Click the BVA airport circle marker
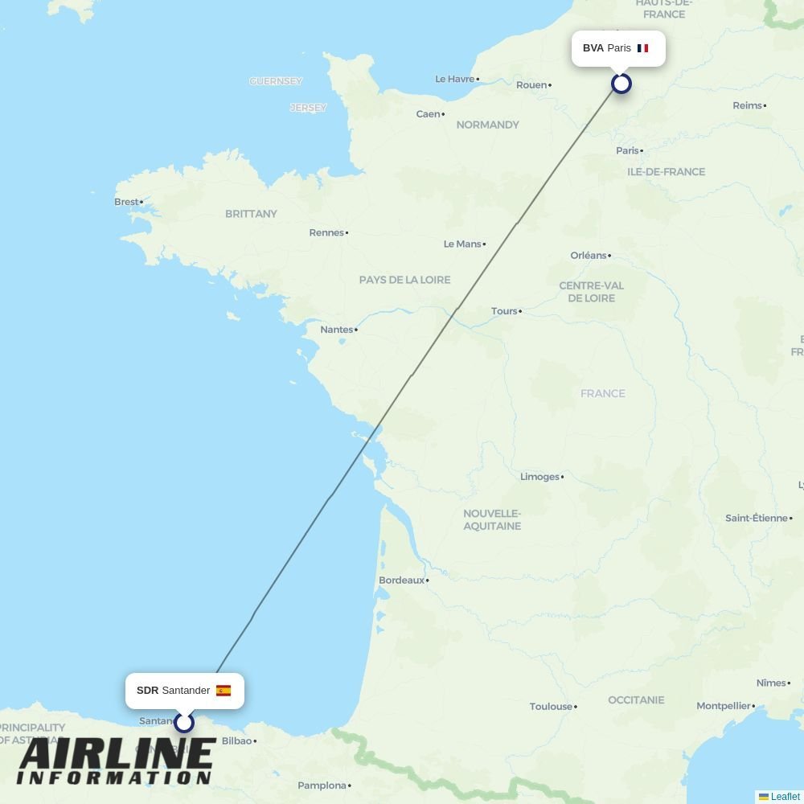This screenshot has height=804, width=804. [x=621, y=83]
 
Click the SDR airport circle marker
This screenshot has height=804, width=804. [x=184, y=722]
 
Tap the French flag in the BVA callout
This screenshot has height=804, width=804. [x=642, y=48]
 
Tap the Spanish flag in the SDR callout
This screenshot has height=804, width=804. [x=224, y=691]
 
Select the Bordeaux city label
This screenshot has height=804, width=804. [x=401, y=580]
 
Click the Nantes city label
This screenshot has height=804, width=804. [x=336, y=329]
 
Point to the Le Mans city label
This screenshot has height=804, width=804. [x=462, y=244]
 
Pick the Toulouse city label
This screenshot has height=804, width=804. [x=551, y=707]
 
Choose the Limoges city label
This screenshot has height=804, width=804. [x=539, y=477]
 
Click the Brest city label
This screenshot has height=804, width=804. [x=125, y=202]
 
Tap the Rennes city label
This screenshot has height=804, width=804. [x=326, y=232]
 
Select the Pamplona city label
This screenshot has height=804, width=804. [x=322, y=786]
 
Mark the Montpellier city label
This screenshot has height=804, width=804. [x=723, y=706]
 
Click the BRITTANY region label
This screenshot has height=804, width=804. [x=251, y=214]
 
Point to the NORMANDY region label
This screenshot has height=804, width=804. [x=487, y=125]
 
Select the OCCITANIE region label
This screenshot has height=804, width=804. [x=636, y=700]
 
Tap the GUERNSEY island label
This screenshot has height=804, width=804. [x=276, y=81]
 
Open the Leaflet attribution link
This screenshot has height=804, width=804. [x=785, y=797]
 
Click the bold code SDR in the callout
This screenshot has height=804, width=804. [x=147, y=691]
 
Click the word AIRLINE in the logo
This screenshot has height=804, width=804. [x=117, y=756]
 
